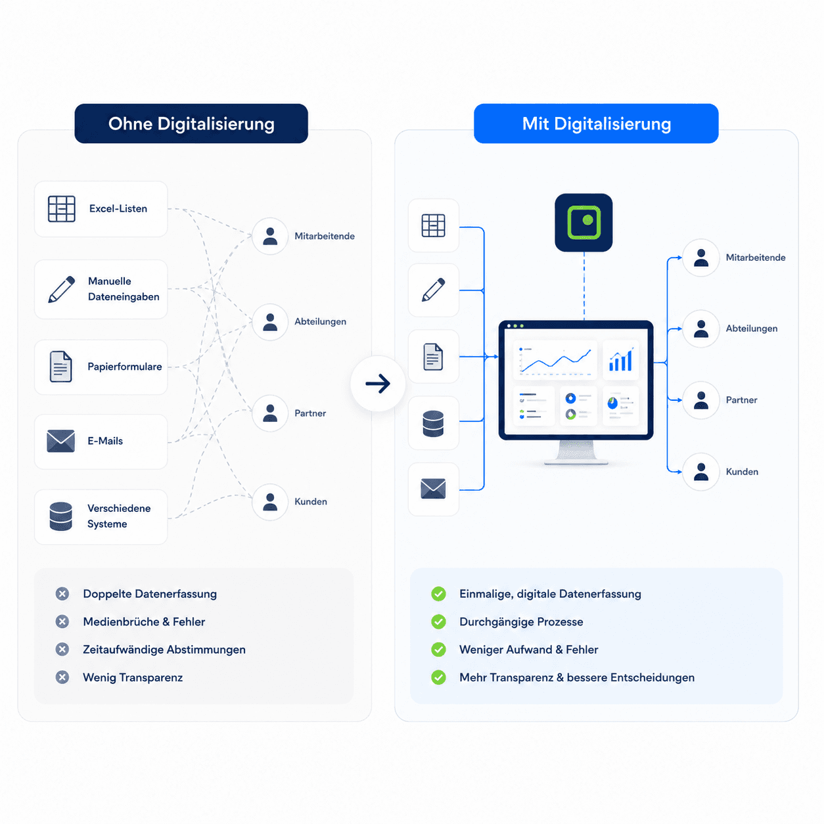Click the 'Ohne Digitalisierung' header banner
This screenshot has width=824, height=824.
(x=191, y=124)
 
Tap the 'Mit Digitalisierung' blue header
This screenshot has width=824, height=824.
(x=596, y=124)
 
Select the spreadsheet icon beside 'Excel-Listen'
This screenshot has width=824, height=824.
(x=62, y=209)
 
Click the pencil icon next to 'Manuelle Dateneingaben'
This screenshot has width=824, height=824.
(x=62, y=290)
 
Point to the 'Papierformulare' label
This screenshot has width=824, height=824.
(x=124, y=367)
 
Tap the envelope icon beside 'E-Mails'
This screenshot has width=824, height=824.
(x=60, y=441)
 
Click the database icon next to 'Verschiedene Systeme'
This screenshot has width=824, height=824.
(x=60, y=516)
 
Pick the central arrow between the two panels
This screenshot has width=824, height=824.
(x=378, y=383)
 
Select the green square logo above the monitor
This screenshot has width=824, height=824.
(x=584, y=222)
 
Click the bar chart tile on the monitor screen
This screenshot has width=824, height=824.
(x=620, y=360)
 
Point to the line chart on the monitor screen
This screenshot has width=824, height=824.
(x=555, y=360)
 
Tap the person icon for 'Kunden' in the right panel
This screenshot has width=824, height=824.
(x=701, y=472)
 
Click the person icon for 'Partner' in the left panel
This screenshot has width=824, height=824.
(x=270, y=413)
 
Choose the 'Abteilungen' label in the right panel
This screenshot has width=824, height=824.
(x=751, y=329)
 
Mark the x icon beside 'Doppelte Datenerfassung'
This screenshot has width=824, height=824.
(x=62, y=593)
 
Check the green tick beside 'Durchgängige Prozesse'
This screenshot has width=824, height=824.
(x=438, y=622)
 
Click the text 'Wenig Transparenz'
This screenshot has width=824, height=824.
(x=133, y=677)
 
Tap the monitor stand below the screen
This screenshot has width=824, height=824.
(x=576, y=452)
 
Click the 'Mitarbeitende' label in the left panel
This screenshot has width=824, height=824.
(x=324, y=236)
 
